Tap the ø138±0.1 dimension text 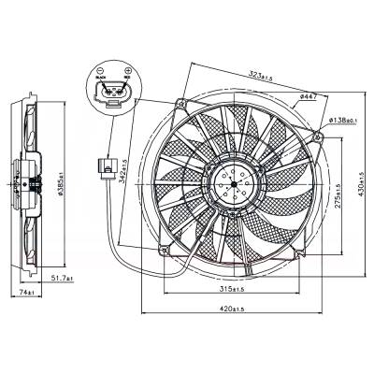pos(345,121)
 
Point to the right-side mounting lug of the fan pos(321,137)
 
